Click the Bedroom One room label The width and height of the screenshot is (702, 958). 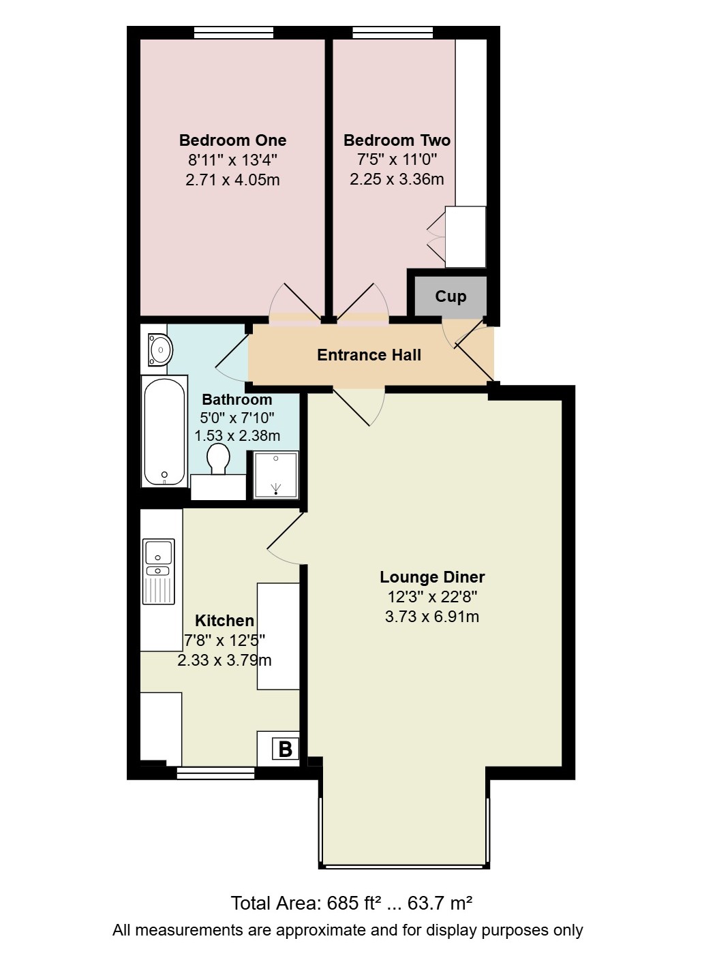232,140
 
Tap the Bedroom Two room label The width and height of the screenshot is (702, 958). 397,140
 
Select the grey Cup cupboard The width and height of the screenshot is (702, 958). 451,296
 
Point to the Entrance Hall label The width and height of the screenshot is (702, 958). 369,355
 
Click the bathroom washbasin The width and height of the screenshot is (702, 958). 159,350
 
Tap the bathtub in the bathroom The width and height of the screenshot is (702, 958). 164,431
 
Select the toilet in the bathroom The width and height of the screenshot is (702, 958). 218,459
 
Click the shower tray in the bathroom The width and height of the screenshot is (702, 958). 276,475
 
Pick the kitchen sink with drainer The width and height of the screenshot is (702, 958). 158,572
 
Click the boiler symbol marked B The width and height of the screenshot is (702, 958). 286,749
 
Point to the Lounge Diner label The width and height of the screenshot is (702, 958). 433,577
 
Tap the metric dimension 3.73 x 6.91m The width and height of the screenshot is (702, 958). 432,616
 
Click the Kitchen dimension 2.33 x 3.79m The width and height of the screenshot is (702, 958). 225,660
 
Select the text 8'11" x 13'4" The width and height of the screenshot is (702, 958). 232,160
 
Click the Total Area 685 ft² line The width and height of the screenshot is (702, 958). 352,903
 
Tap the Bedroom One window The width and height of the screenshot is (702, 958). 234,33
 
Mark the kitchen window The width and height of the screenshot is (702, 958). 215,773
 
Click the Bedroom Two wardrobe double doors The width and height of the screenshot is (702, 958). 437,237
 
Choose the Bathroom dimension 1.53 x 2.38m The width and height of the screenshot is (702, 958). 237,436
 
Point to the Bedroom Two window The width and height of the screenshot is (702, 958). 393,33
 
